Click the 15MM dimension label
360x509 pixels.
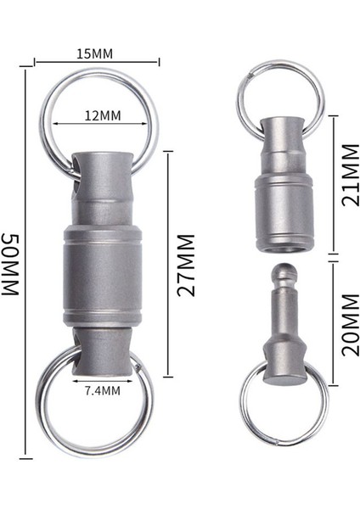click(95, 53)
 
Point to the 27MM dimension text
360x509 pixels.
click(188, 264)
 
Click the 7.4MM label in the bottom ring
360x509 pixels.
click(101, 391)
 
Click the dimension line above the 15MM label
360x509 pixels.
click(95, 62)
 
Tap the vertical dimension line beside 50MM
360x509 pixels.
click(35, 264)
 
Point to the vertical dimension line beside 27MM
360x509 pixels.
click(168, 264)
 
